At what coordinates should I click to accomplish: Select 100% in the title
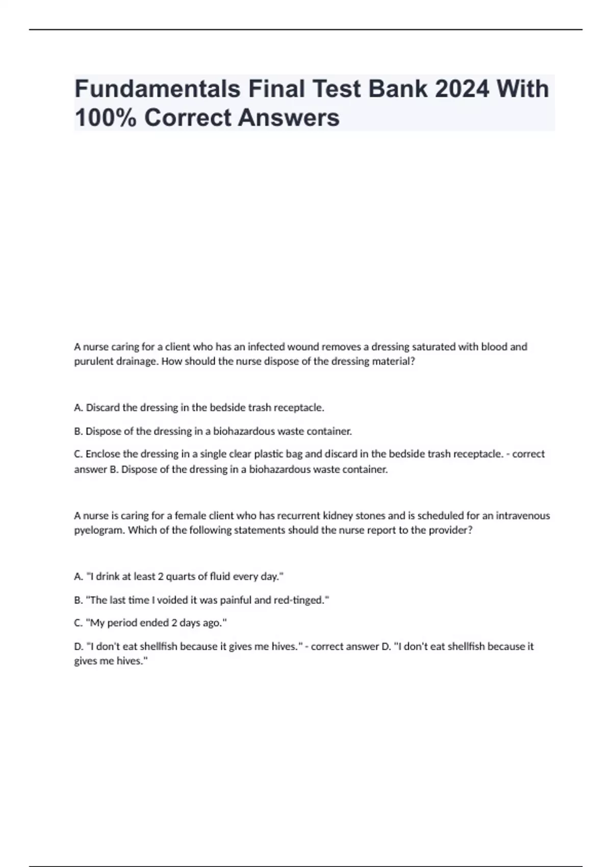point(105,118)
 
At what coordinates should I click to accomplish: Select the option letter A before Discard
point(78,407)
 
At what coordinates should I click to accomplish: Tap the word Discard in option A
point(104,407)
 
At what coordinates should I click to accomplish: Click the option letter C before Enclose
point(78,454)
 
